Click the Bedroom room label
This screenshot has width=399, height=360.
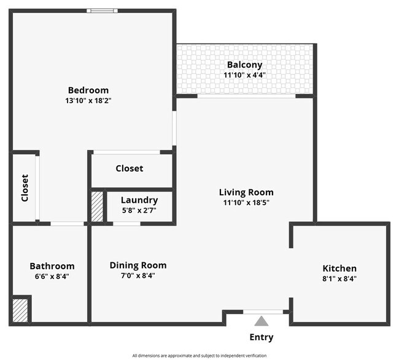(88, 90)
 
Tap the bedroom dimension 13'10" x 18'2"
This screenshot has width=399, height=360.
(88, 100)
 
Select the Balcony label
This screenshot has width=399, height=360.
(244, 65)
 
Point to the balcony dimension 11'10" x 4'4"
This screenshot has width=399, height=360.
(244, 75)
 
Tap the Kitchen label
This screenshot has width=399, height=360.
(339, 268)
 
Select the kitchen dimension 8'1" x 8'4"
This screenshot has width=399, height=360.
(339, 278)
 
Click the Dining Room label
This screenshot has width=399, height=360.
(138, 265)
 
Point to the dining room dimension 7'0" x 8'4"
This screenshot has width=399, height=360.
(138, 276)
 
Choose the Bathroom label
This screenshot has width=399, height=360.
(52, 266)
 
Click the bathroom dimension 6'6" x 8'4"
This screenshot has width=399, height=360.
(52, 276)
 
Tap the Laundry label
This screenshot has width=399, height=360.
(139, 200)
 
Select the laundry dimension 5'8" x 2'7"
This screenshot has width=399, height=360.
(139, 210)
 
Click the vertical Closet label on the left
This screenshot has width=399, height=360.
(25, 188)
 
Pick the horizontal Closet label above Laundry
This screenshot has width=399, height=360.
(130, 168)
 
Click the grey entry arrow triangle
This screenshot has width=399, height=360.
(261, 321)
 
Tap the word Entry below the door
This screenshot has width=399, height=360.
(261, 337)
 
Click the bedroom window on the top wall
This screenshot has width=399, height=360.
(102, 10)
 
